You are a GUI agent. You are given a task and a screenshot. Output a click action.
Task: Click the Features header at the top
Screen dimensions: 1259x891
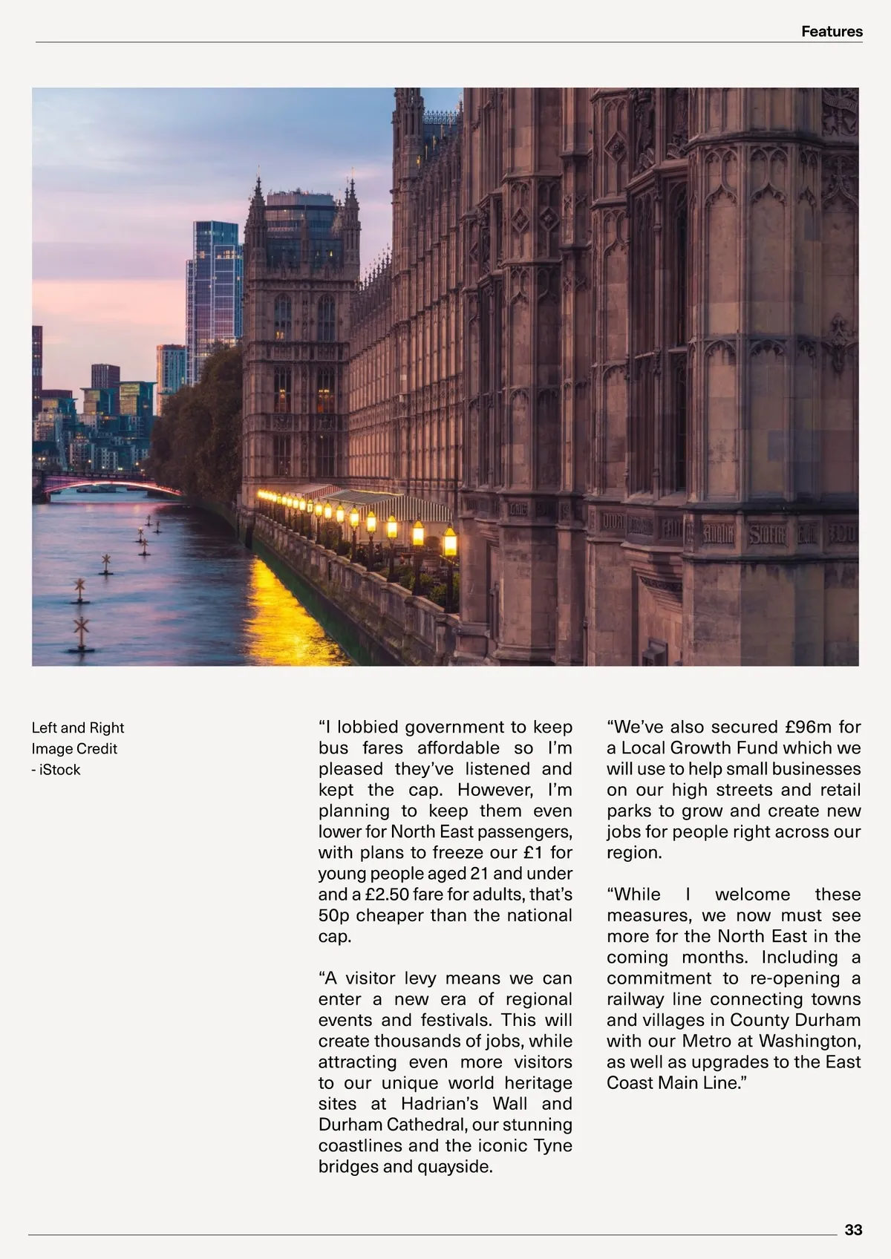click(x=832, y=32)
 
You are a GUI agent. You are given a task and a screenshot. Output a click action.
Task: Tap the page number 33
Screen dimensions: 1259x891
click(x=853, y=1230)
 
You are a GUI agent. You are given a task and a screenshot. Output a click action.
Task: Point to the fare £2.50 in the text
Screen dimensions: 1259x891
click(x=386, y=895)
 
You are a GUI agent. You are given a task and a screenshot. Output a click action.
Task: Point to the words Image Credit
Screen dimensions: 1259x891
click(x=74, y=749)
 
